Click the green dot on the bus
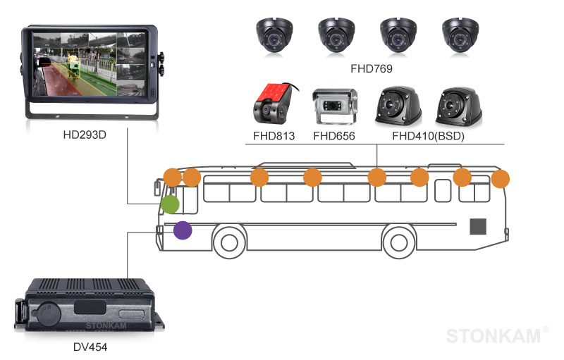(169, 204)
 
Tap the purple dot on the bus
(183, 230)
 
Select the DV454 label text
(90, 347)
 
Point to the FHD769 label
(371, 69)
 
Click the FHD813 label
(274, 136)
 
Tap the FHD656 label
(333, 136)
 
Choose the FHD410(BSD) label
(428, 136)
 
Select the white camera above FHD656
(334, 106)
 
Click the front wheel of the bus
(228, 242)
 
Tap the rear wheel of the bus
(398, 242)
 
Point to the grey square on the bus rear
(479, 226)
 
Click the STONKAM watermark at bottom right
(496, 336)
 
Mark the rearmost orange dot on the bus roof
(500, 179)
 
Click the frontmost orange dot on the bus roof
(172, 177)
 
